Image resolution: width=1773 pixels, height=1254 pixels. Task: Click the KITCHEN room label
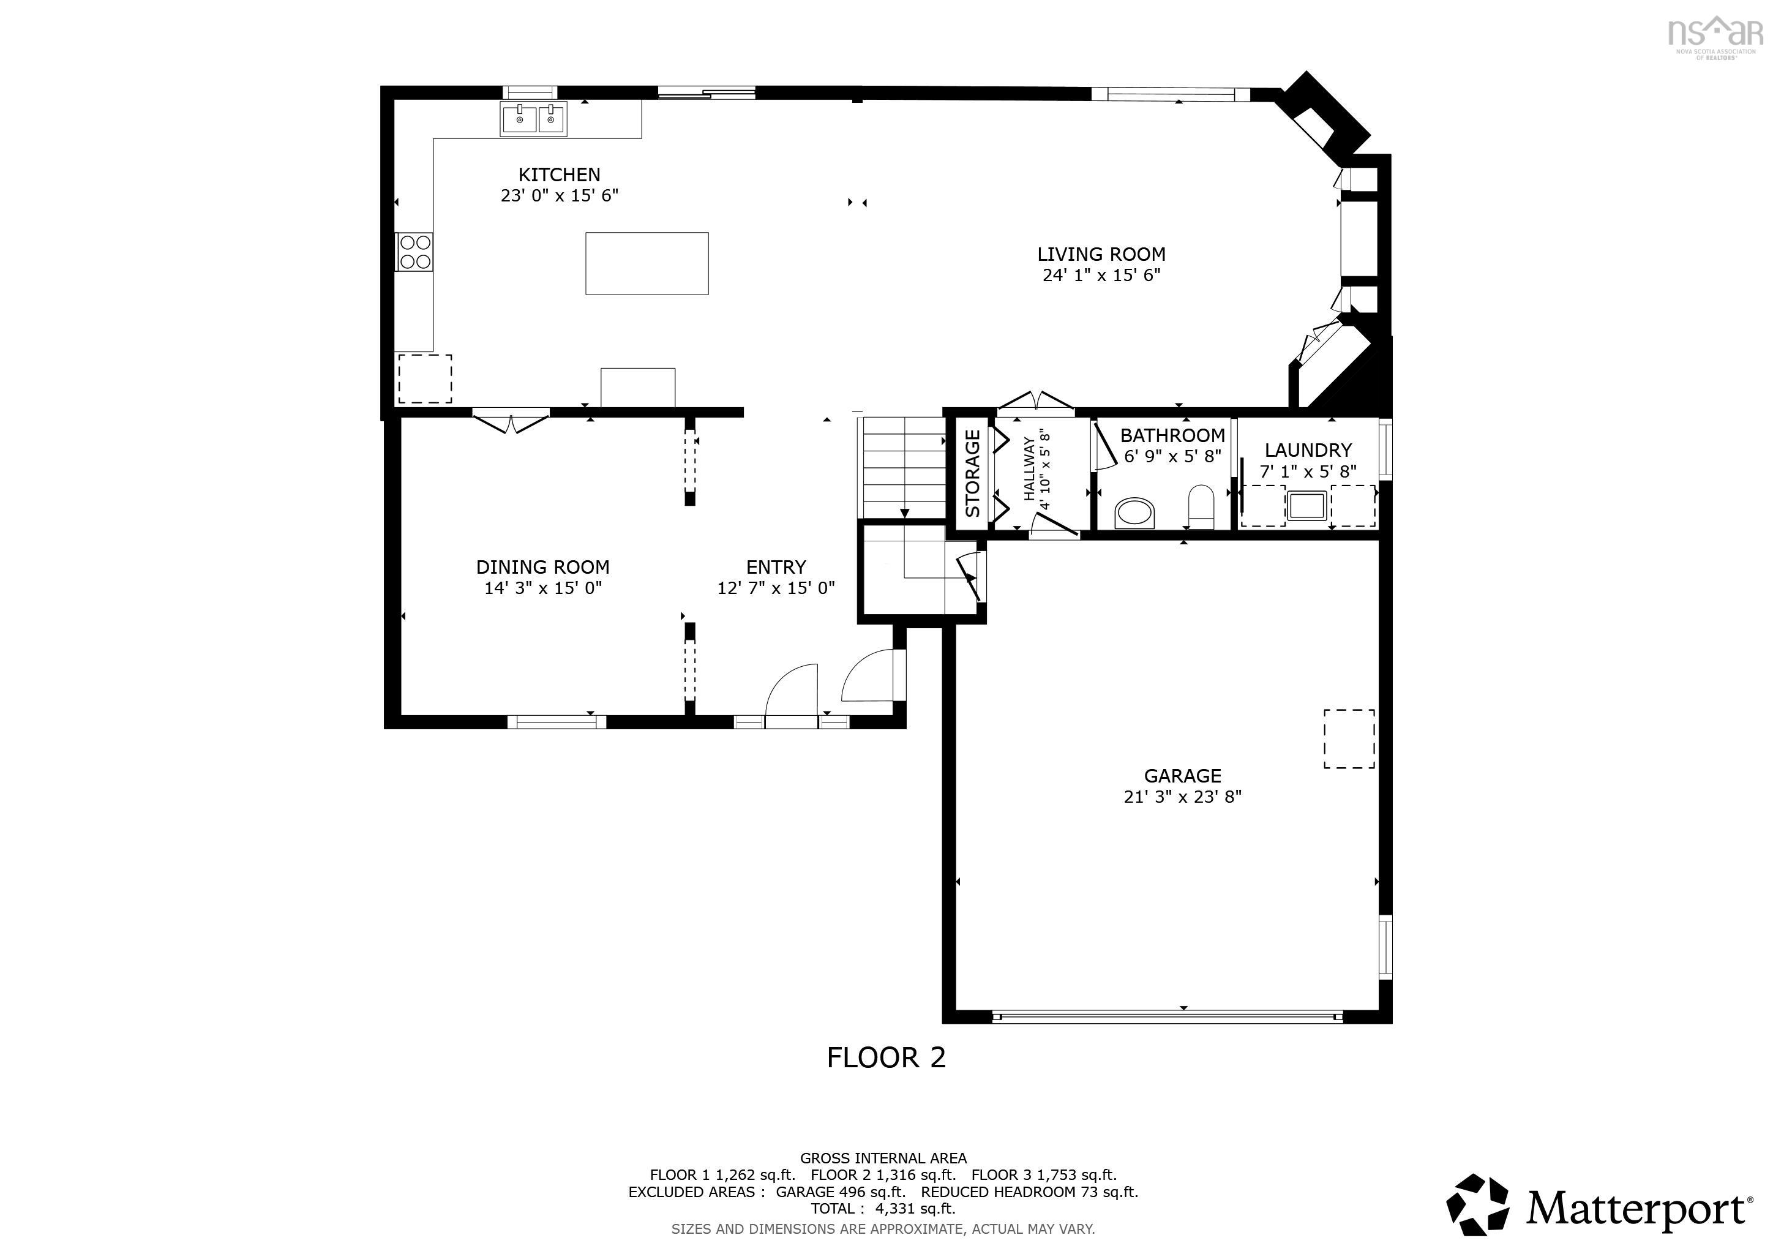pos(559,175)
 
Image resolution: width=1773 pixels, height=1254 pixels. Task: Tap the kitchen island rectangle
pos(647,263)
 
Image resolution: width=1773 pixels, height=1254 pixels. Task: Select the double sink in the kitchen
pos(534,119)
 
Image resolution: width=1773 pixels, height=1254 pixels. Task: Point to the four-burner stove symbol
pos(414,252)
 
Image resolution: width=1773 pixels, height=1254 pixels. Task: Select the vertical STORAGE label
pos(972,473)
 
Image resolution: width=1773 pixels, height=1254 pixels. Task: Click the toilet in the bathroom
pos(1201,506)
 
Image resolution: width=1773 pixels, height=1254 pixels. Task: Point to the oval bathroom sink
pos(1134,512)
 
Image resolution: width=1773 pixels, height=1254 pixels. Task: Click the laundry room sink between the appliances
pos(1306,506)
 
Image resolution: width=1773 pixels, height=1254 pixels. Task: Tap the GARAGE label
pos(1182,776)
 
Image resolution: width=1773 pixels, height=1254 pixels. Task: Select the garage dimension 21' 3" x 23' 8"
pos(1182,797)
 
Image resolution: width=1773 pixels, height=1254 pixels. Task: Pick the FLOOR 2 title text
pos(886,1057)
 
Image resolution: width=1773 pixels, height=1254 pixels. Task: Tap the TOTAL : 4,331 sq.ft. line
pos(883,1209)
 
